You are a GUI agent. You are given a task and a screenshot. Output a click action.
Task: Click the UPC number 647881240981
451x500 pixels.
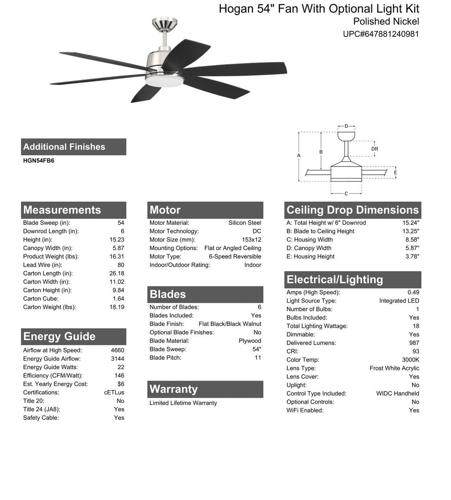381,34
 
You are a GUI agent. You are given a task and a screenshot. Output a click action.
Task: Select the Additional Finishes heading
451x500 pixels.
64,147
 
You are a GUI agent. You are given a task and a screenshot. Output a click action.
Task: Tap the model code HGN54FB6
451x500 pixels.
38,160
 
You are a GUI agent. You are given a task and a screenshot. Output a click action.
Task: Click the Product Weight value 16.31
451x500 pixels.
117,256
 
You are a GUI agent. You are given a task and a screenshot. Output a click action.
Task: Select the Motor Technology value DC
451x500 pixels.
257,231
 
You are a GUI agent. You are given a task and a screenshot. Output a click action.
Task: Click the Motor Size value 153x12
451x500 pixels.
251,240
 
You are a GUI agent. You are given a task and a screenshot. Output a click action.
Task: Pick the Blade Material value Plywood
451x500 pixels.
250,341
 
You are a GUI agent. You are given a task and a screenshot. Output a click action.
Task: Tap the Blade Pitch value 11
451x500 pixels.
258,358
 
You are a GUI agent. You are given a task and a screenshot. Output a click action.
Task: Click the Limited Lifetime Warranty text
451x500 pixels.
183,403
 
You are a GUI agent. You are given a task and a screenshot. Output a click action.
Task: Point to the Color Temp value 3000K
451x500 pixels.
410,360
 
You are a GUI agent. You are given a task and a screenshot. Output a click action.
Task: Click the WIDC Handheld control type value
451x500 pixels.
398,393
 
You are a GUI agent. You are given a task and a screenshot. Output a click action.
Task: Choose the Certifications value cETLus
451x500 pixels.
114,393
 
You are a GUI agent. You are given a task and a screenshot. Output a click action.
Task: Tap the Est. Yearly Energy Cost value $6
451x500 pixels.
121,384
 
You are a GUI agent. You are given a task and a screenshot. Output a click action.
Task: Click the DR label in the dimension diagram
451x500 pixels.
375,149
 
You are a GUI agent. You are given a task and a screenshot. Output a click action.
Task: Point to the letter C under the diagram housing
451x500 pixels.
347,193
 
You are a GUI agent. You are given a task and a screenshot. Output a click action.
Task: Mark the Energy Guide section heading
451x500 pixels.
59,337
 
